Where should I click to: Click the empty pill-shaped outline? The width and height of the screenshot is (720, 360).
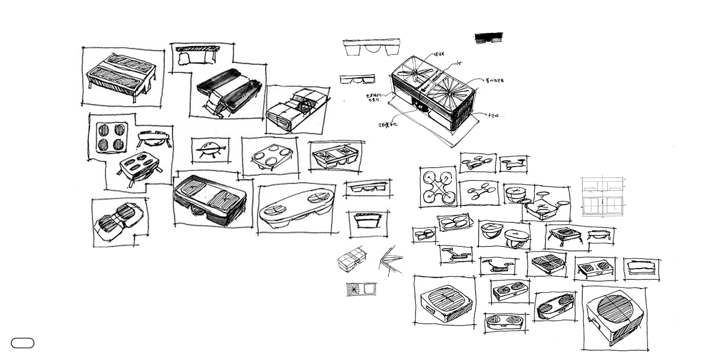click(23, 343)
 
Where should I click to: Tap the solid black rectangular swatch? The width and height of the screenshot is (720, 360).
click(489, 38)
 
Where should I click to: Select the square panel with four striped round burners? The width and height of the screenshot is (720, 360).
click(112, 137)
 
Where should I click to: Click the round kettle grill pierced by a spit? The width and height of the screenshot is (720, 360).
click(211, 150)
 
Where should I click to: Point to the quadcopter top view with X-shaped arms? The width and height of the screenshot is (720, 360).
click(438, 186)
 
